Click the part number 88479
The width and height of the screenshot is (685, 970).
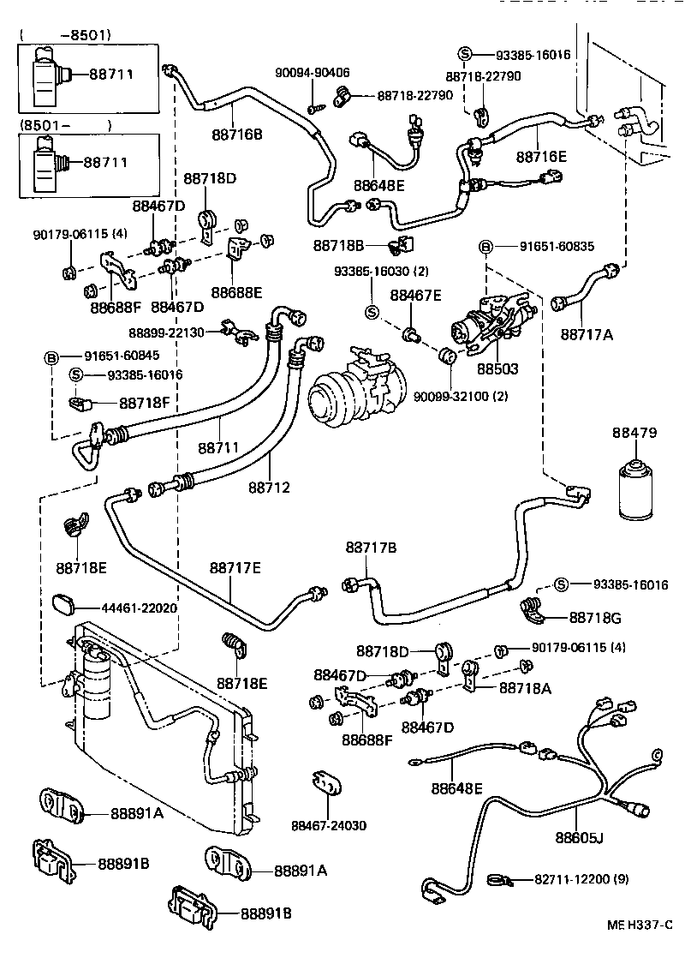(x=634, y=433)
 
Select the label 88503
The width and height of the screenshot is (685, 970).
(x=497, y=368)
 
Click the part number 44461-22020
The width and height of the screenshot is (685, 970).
(x=139, y=608)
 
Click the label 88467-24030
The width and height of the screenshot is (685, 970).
(x=329, y=825)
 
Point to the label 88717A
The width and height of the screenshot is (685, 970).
(x=587, y=333)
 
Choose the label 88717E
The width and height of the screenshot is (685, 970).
(x=235, y=567)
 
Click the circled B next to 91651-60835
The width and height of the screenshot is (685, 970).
(x=485, y=247)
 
